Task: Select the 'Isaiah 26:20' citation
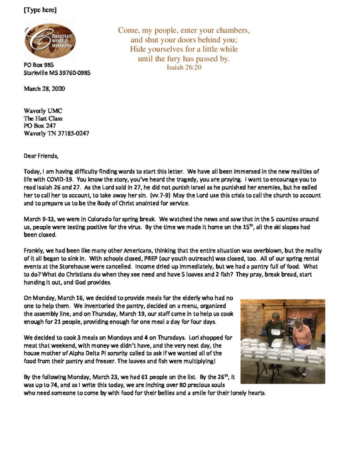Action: coord(184,67)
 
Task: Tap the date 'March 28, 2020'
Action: coord(44,89)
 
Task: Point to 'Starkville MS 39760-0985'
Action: coord(57,73)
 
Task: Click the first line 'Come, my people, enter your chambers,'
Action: coord(184,31)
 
